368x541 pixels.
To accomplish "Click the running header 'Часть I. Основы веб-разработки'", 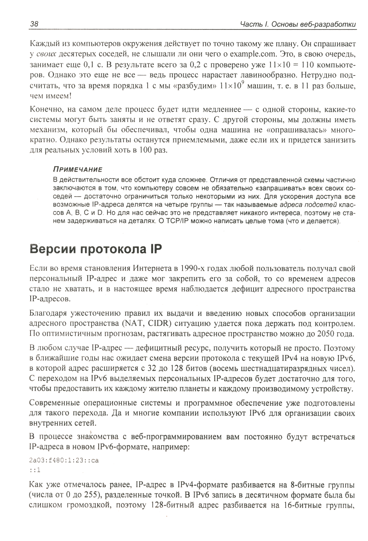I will coord(297,24).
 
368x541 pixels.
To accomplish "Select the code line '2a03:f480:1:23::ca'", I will coord(64,460).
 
